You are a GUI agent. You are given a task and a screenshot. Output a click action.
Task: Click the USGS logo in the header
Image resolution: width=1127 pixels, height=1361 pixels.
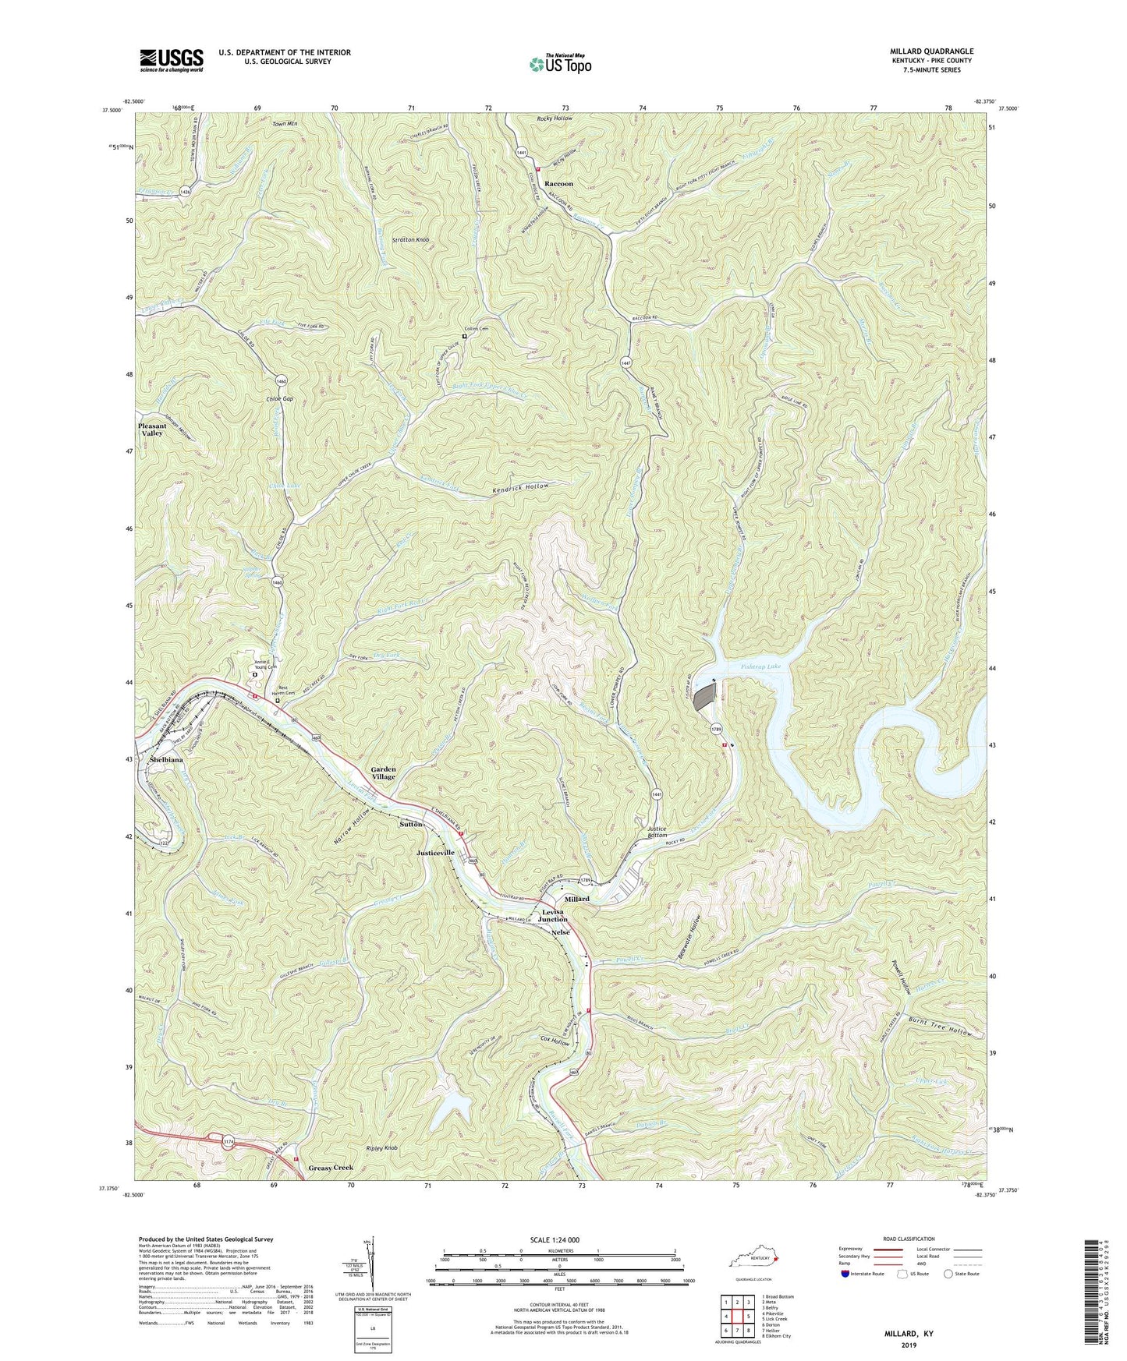(x=172, y=60)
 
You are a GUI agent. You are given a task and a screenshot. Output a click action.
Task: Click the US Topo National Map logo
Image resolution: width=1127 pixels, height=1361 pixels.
(x=559, y=63)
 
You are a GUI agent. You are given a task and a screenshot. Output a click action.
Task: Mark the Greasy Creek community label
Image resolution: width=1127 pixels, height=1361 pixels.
(x=330, y=1168)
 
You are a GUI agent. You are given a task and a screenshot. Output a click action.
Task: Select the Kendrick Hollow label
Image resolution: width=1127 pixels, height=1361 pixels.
(x=520, y=486)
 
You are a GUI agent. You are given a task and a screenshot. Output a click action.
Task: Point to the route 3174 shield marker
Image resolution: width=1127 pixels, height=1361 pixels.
(x=227, y=1141)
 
